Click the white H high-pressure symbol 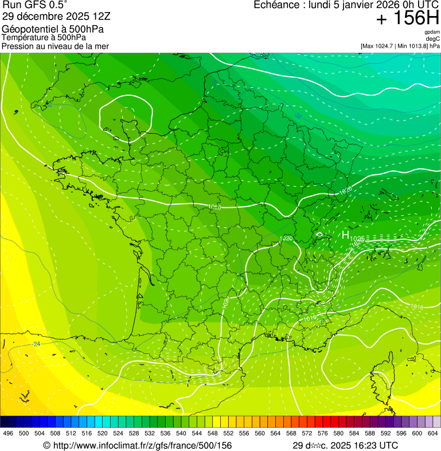(345, 235)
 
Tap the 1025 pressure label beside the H (357, 239)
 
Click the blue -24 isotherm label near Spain (36, 344)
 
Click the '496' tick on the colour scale (8, 434)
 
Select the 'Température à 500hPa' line (44, 37)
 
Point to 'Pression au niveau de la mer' (55, 46)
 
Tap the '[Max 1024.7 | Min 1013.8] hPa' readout (400, 46)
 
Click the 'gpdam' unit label (432, 32)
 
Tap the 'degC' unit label (433, 38)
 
